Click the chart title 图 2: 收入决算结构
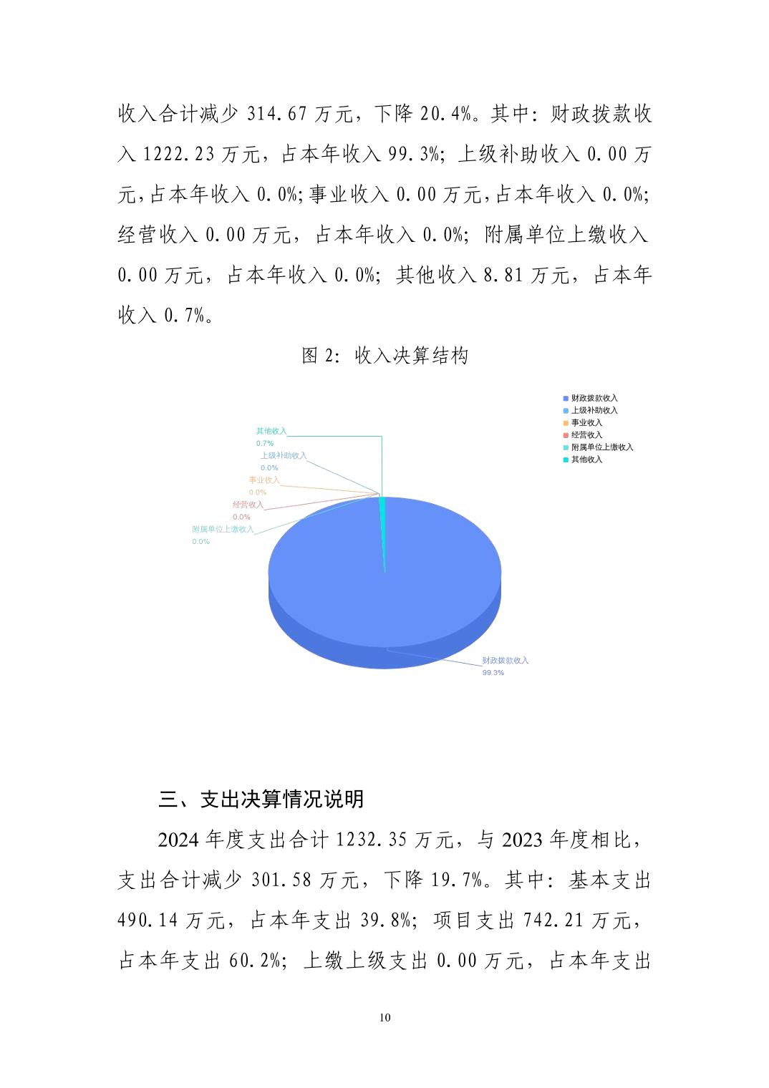[384, 355]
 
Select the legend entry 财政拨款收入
[594, 398]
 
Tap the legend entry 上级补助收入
[594, 410]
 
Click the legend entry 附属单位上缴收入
[601, 447]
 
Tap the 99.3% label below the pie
[493, 673]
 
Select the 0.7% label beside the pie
[264, 444]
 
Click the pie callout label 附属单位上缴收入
[223, 530]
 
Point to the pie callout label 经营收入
[248, 505]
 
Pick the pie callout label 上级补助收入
[283, 455]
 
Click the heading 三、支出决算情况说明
[261, 799]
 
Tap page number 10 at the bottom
[385, 1018]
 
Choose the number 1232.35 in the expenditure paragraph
[371, 840]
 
